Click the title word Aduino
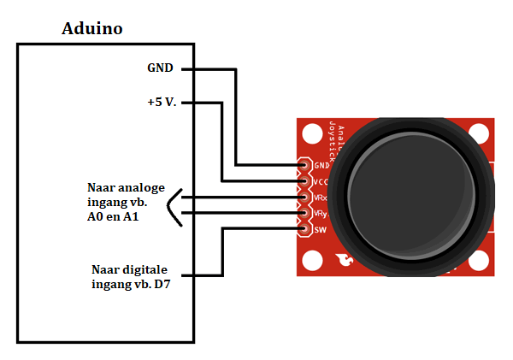coord(92,28)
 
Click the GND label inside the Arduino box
coord(161,68)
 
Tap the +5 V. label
coord(162,103)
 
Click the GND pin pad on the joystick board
coord(303,165)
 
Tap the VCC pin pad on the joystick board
coord(303,181)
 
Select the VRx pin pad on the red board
coord(303,197)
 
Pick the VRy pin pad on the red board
coord(303,213)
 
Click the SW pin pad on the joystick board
coord(303,228)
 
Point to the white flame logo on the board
coord(344,260)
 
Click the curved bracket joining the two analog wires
coord(174,207)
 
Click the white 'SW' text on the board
coord(321,229)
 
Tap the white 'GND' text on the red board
coord(321,166)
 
